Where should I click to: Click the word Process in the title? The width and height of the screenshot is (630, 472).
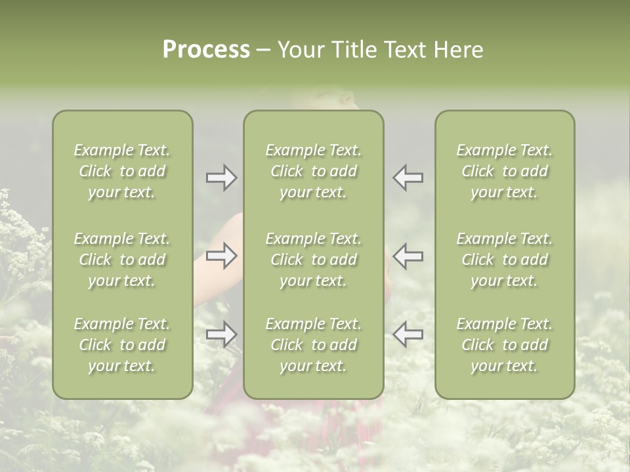click(206, 50)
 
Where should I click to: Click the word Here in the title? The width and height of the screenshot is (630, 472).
click(457, 50)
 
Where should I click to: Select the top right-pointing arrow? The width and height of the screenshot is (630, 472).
click(221, 178)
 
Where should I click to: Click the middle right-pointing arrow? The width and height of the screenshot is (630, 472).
click(221, 256)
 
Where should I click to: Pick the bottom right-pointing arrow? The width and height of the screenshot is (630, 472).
click(221, 334)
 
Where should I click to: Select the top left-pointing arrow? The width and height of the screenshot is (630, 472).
click(408, 178)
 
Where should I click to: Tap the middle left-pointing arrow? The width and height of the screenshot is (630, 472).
click(408, 256)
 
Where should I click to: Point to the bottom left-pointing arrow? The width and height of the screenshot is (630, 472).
click(408, 334)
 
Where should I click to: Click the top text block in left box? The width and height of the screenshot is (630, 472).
click(122, 171)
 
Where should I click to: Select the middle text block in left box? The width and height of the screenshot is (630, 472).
click(122, 260)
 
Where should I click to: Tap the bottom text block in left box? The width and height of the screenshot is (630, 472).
click(122, 345)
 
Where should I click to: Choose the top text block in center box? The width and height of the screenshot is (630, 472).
click(313, 171)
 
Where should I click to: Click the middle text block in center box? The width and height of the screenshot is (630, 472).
click(313, 260)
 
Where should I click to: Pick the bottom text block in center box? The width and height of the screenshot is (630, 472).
click(313, 345)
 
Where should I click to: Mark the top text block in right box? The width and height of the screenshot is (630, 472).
click(505, 171)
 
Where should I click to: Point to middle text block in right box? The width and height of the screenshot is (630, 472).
click(505, 260)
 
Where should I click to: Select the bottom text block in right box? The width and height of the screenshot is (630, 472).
click(505, 345)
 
